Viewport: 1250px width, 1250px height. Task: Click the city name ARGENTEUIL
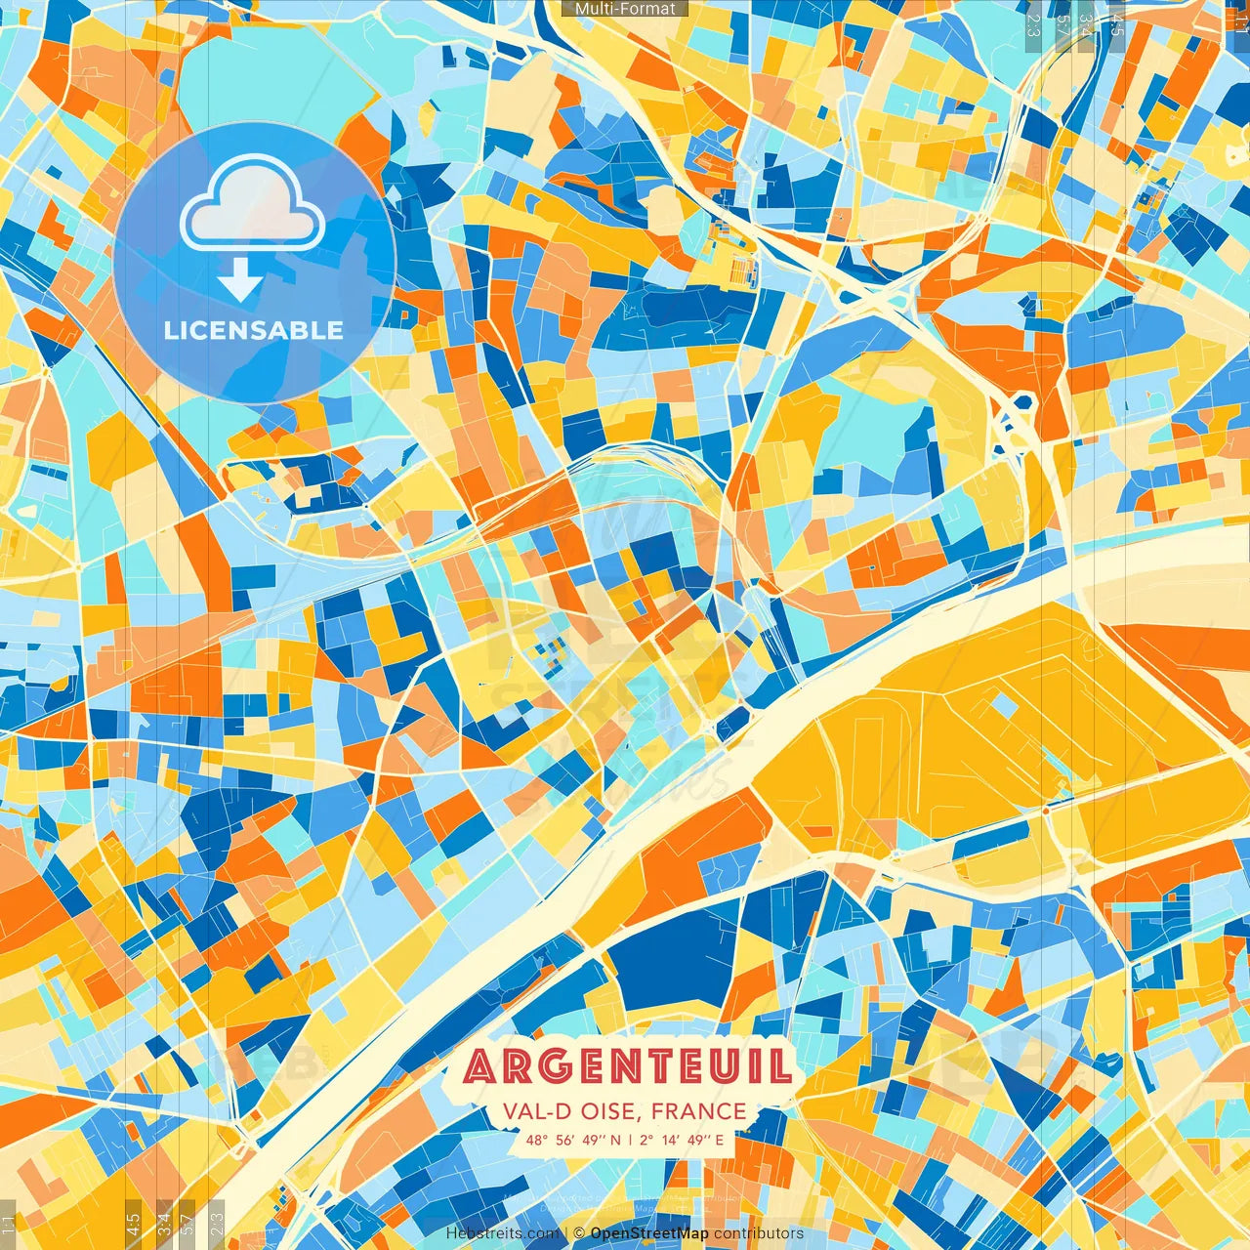(627, 1066)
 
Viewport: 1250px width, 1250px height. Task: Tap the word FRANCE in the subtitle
(698, 1111)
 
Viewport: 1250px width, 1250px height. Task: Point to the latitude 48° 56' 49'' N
(572, 1140)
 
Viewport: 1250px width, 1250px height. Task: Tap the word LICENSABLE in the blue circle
(254, 330)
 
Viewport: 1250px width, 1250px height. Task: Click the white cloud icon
(253, 202)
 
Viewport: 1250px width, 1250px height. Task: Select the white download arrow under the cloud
(239, 280)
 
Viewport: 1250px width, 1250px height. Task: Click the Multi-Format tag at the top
(625, 9)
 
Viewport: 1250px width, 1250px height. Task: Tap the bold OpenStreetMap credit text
(649, 1233)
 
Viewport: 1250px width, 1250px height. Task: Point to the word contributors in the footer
(759, 1233)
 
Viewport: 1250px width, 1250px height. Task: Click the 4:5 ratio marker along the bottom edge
(134, 1224)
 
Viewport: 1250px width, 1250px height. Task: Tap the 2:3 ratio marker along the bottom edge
(217, 1224)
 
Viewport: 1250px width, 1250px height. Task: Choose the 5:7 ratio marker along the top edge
(1062, 24)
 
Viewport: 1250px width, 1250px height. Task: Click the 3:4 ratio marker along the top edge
(1086, 24)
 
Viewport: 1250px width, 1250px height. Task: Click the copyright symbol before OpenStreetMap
(579, 1233)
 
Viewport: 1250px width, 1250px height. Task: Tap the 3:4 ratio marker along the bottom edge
(164, 1224)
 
